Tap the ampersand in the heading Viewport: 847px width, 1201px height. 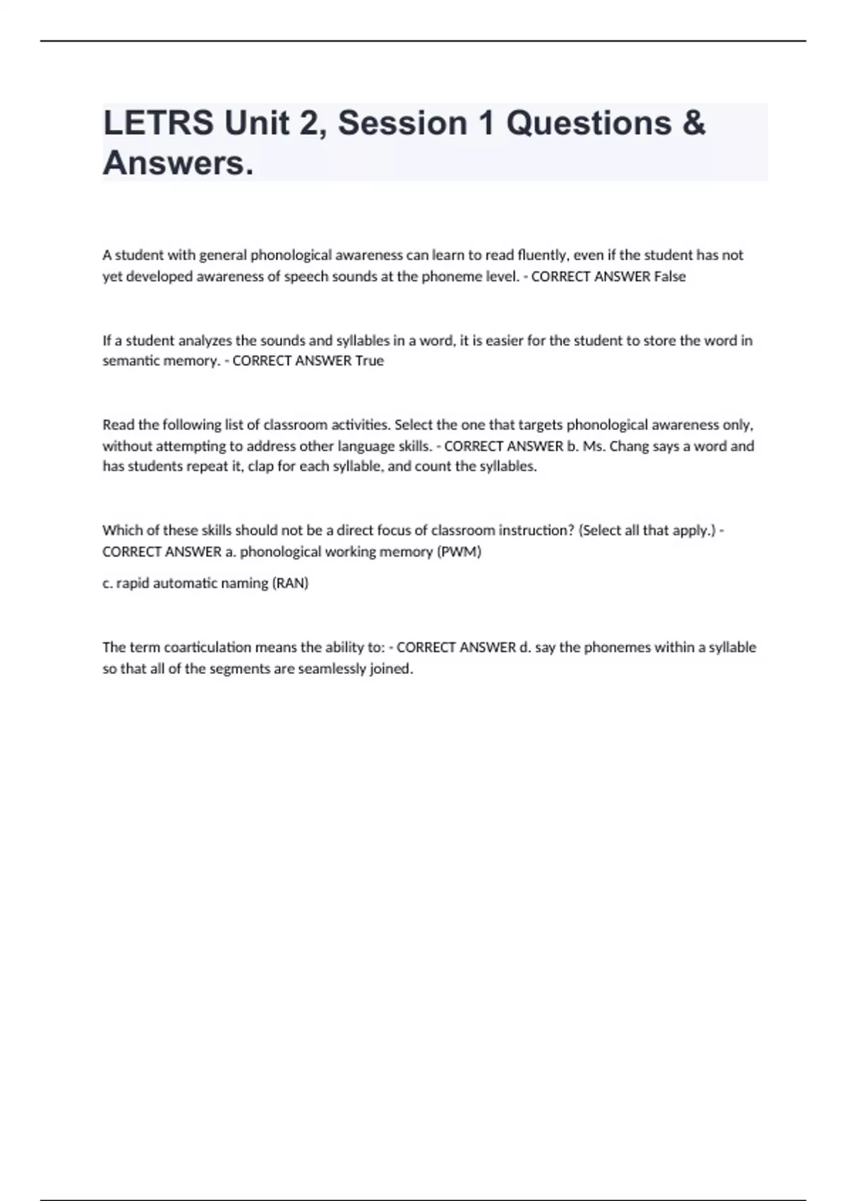point(694,123)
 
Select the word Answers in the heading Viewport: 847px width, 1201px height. point(177,163)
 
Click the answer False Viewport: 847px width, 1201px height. point(669,276)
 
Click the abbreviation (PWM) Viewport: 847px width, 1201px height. point(459,552)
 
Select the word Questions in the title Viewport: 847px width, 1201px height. point(589,123)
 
